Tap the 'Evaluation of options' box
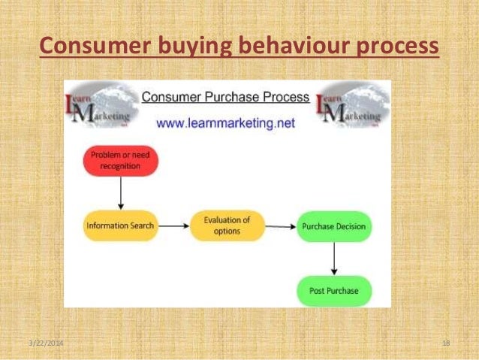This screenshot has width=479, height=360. point(227,225)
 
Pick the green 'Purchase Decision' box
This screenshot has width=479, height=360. point(334,226)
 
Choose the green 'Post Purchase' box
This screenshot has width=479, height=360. point(334,290)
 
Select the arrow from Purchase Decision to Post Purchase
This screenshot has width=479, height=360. point(336,259)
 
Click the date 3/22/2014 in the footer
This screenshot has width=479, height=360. point(46,343)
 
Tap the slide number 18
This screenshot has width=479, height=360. point(446,343)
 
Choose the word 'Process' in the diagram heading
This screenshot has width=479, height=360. point(285,97)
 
